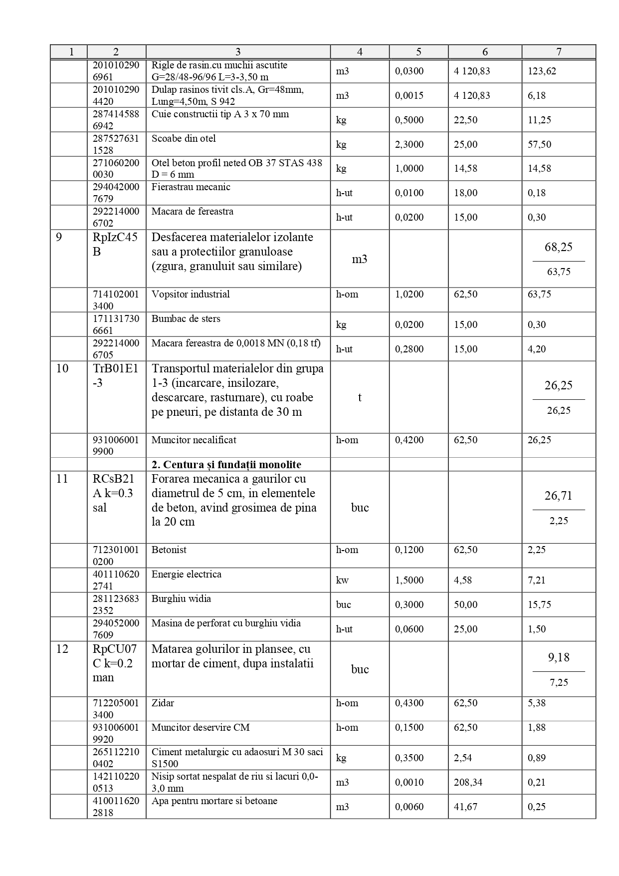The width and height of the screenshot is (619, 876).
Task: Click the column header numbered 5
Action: tap(418, 52)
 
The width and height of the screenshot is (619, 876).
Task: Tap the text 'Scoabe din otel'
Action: tap(184, 138)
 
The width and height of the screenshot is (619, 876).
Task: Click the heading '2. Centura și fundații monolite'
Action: tap(226, 465)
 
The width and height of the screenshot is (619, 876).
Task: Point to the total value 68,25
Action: tap(558, 247)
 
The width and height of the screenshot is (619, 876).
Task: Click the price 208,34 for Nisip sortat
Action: tap(468, 782)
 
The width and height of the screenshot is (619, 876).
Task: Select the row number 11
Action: tap(62, 479)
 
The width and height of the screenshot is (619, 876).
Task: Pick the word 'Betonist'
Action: tap(169, 550)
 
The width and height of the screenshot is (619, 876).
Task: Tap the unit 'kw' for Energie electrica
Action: tap(342, 580)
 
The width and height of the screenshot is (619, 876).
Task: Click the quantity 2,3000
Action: tap(409, 144)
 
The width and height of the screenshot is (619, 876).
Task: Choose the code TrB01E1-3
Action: tap(115, 375)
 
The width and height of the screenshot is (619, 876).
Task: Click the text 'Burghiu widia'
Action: tap(181, 598)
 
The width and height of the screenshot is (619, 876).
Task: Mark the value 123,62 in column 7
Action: tap(542, 71)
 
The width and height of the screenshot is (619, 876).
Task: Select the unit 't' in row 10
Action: tap(360, 397)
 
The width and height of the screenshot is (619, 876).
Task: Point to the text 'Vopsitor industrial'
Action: tap(191, 294)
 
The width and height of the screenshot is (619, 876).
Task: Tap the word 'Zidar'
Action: tap(163, 703)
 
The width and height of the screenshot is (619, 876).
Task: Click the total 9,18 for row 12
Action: tap(558, 657)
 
